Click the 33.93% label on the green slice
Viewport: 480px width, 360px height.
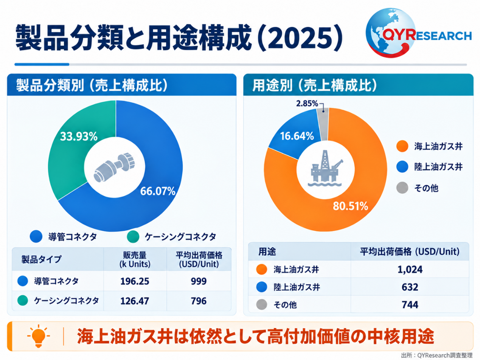click(x=79, y=137)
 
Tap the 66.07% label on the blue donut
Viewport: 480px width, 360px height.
click(x=158, y=191)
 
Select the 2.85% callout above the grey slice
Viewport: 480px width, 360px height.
click(x=307, y=103)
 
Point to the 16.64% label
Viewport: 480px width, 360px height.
click(x=297, y=136)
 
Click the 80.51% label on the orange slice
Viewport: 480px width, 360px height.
click(x=350, y=206)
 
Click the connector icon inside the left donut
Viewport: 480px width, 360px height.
click(x=114, y=167)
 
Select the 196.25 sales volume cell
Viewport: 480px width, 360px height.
click(x=135, y=281)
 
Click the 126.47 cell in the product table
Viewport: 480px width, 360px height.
click(x=135, y=301)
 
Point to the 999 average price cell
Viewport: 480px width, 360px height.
click(x=199, y=281)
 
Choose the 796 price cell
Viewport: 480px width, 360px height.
click(x=199, y=301)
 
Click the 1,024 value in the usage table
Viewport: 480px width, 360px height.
click(x=410, y=269)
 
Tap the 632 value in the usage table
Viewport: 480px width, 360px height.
click(x=410, y=287)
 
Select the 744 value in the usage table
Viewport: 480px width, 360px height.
click(x=410, y=305)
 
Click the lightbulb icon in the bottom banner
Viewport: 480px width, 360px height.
click(x=39, y=336)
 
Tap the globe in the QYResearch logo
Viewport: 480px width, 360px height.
click(x=390, y=33)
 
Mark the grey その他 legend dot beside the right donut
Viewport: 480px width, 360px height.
click(x=402, y=188)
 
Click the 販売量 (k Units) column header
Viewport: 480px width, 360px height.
click(x=135, y=259)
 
